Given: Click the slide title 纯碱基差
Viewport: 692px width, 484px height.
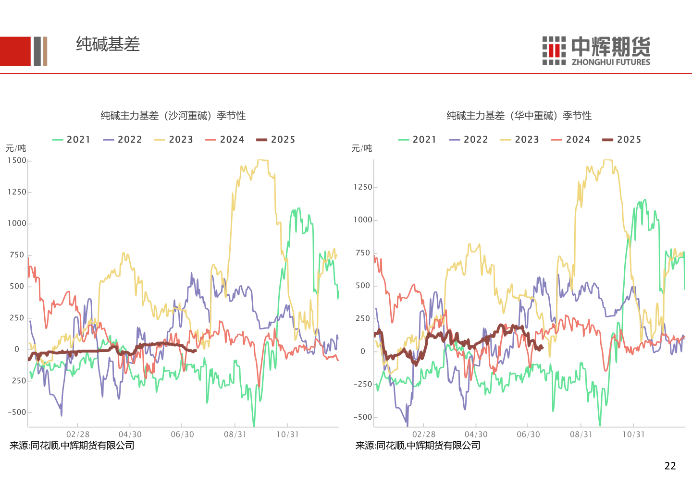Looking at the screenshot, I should pyautogui.click(x=108, y=44).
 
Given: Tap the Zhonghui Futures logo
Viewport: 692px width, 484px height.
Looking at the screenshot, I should pyautogui.click(x=596, y=50).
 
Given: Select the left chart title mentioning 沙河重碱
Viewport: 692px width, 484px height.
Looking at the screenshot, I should pyautogui.click(x=173, y=116).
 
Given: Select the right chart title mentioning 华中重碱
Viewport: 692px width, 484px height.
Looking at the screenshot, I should pyautogui.click(x=519, y=116).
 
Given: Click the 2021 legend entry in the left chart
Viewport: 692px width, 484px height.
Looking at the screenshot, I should pyautogui.click(x=72, y=140).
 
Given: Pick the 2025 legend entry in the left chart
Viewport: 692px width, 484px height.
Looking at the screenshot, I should pyautogui.click(x=276, y=140).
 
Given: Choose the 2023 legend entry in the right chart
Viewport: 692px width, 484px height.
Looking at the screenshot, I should pyautogui.click(x=520, y=140).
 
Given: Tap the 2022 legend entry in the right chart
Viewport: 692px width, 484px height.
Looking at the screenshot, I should pyautogui.click(x=469, y=140).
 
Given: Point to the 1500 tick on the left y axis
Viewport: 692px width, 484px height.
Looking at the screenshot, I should pyautogui.click(x=17, y=160).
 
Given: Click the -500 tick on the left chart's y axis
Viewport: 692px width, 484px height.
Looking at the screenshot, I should pyautogui.click(x=17, y=412).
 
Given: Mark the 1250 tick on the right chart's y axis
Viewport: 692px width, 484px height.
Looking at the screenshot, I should pyautogui.click(x=363, y=187).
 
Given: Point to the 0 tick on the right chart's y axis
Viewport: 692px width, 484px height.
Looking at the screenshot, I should pyautogui.click(x=363, y=351).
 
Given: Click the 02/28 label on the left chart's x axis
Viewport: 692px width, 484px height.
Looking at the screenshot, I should pyautogui.click(x=78, y=435).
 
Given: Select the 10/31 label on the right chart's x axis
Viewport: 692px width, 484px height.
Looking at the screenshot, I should pyautogui.click(x=633, y=435).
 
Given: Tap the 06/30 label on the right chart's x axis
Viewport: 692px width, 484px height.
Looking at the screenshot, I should pyautogui.click(x=528, y=435).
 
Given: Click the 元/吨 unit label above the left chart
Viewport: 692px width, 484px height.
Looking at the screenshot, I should pyautogui.click(x=16, y=148).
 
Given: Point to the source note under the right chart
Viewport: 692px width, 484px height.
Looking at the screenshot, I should pyautogui.click(x=418, y=446).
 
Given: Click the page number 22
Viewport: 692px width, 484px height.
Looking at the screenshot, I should pyautogui.click(x=670, y=466).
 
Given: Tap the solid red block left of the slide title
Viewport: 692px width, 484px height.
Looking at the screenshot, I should pyautogui.click(x=15, y=51).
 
